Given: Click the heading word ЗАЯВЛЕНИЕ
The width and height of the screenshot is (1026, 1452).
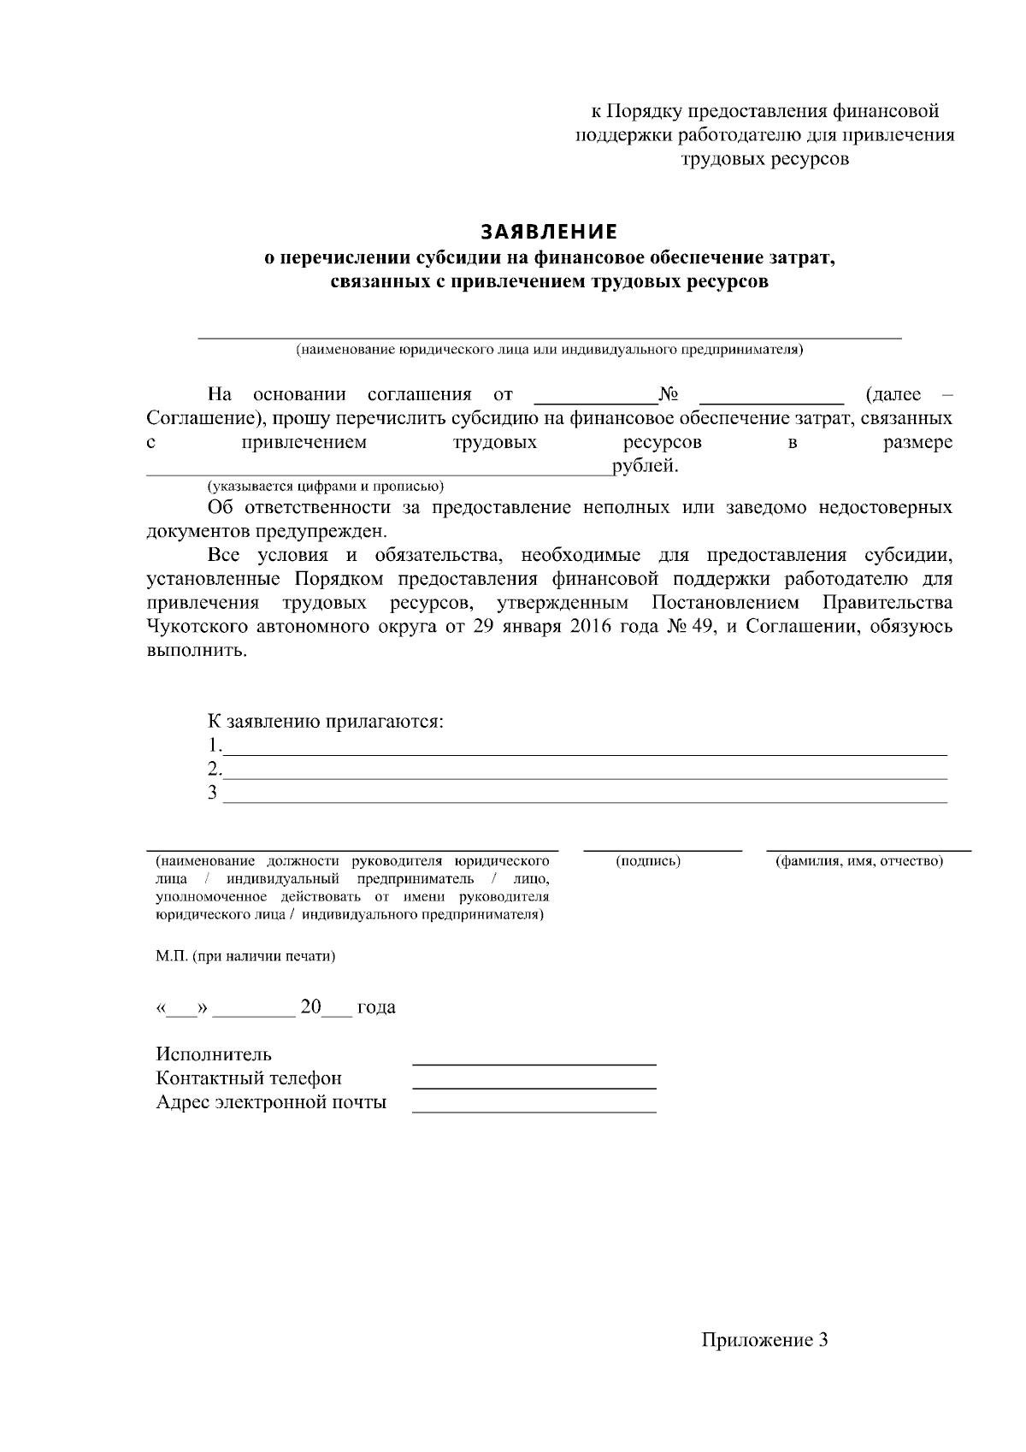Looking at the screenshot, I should pyautogui.click(x=548, y=233).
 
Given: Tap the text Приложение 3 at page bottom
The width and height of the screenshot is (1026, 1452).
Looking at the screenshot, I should pyautogui.click(x=764, y=1339).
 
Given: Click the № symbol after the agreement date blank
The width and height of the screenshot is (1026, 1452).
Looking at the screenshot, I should pyautogui.click(x=669, y=394).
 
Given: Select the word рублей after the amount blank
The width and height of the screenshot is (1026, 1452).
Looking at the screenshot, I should pyautogui.click(x=645, y=466).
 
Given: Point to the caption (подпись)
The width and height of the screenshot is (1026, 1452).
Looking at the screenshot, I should pyautogui.click(x=648, y=861).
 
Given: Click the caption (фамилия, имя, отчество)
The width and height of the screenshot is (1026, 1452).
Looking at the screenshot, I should pyautogui.click(x=858, y=861).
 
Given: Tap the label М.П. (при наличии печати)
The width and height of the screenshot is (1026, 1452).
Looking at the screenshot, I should pyautogui.click(x=245, y=956).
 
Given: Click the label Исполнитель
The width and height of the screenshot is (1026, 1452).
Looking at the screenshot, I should pyautogui.click(x=214, y=1054).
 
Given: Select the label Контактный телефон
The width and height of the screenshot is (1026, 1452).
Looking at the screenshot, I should pyautogui.click(x=249, y=1078).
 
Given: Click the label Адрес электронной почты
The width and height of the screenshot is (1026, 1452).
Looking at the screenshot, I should pyautogui.click(x=271, y=1102).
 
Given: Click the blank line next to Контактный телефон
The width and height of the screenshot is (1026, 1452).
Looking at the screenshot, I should pyautogui.click(x=534, y=1086).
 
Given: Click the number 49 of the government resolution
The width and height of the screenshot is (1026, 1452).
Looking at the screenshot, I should pyautogui.click(x=699, y=627).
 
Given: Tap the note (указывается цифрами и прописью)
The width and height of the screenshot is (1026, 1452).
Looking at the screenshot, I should pyautogui.click(x=325, y=487).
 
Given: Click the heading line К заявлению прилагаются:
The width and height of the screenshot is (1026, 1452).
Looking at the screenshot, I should pyautogui.click(x=326, y=721).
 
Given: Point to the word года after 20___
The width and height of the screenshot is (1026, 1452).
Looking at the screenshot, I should pyautogui.click(x=376, y=1007).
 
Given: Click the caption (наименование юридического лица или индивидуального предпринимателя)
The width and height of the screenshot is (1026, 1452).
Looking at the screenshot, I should pyautogui.click(x=549, y=350).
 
